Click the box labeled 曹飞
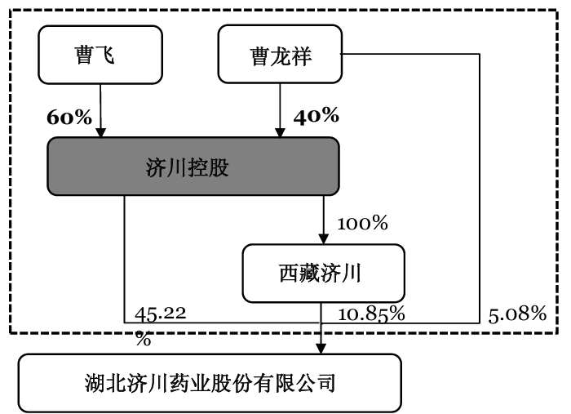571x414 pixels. point(100,55)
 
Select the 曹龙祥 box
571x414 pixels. point(280,55)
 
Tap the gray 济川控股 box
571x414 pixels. point(193,167)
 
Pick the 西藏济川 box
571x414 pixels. point(324,273)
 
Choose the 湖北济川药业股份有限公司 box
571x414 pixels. point(210,382)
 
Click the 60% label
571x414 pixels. point(69,117)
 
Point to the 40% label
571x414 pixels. point(316,117)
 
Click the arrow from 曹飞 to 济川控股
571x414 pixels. point(100,110)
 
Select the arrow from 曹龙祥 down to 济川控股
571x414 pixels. point(280,110)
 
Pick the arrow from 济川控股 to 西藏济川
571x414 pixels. point(324,220)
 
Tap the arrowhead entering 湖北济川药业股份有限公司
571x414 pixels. point(321,348)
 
